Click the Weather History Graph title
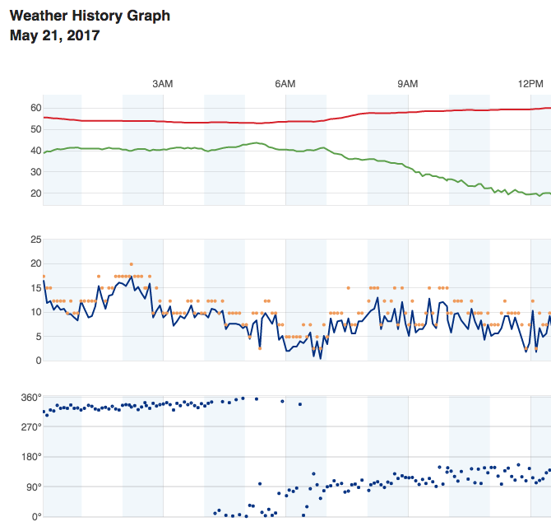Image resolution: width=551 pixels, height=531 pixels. point(90,16)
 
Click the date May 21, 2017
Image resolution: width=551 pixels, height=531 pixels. point(54,35)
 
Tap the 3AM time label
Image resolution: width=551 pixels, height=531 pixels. point(163,84)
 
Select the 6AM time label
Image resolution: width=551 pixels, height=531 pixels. point(285,84)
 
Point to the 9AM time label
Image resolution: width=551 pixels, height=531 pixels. point(408,84)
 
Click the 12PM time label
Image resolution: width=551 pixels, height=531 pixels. point(530,84)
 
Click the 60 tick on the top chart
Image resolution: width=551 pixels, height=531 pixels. point(36,108)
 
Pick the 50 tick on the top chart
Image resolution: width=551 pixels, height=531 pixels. point(36,129)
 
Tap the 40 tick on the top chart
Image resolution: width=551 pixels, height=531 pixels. point(36,151)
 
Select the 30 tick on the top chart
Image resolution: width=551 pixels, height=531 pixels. point(36,172)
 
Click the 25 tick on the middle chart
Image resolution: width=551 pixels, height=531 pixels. point(36,240)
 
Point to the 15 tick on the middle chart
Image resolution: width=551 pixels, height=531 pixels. point(36,288)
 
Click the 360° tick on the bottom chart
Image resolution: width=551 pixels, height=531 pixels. point(31,398)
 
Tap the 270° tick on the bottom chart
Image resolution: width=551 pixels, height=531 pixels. point(31,427)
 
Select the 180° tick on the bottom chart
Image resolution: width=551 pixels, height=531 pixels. point(31,457)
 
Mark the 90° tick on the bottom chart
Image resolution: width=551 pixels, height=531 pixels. point(34,487)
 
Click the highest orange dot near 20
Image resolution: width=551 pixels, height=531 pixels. point(131,264)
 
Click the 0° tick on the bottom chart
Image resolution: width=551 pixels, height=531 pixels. point(36,517)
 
